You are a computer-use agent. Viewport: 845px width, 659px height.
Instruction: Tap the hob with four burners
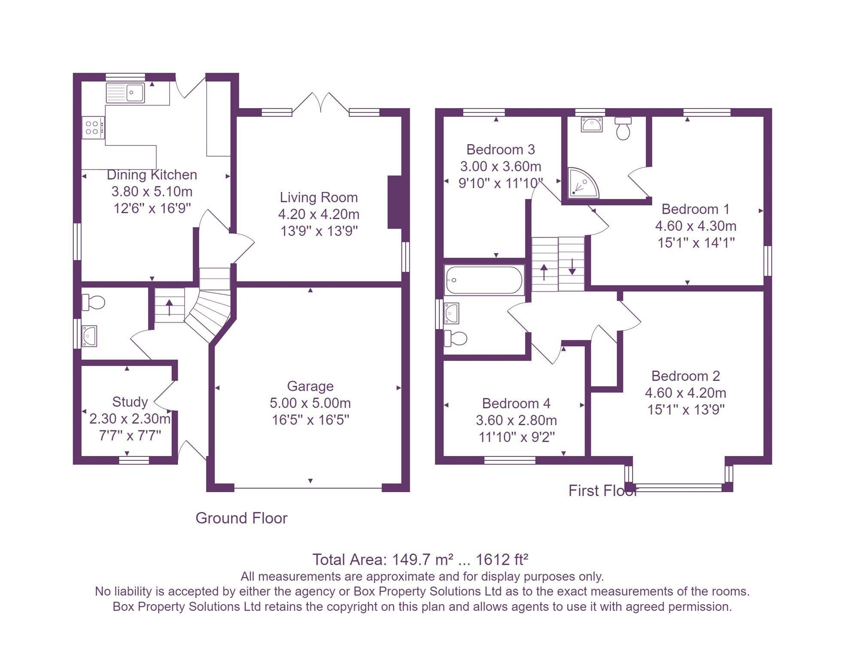pos(92,128)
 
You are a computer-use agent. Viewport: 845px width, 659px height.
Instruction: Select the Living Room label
pos(319,197)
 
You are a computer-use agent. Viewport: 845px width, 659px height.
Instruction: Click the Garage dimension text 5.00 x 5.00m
pos(310,403)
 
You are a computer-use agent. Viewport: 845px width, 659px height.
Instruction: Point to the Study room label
pos(130,402)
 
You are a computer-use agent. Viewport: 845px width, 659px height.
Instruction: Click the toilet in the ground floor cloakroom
pos(94,302)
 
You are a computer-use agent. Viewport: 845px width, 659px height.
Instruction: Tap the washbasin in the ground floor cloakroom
pos(89,336)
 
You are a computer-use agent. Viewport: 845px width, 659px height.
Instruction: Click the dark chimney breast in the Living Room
pos(395,202)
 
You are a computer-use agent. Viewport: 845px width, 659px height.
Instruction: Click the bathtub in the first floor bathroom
pos(484,280)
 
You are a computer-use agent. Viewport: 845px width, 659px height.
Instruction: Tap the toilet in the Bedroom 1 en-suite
pos(623,129)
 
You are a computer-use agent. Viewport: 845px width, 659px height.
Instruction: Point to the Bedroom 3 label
pos(501,150)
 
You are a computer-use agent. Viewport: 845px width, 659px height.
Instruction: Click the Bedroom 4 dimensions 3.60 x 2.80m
pos(516,420)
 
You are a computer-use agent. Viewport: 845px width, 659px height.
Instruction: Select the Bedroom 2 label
pos(685,376)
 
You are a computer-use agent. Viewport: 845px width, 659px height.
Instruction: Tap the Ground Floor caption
pos(241,518)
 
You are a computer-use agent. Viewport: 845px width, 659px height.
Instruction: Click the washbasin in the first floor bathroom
pos(451,313)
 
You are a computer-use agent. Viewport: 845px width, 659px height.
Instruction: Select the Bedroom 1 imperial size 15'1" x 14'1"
pos(696,243)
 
